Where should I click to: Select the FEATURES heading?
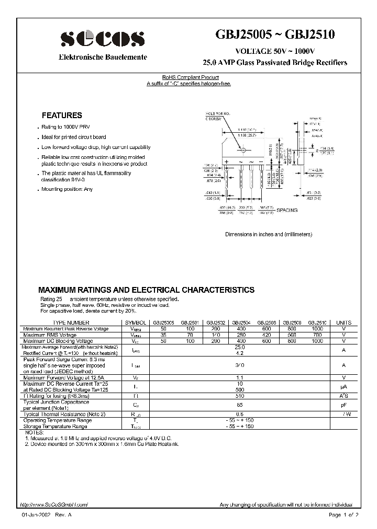point(62,116)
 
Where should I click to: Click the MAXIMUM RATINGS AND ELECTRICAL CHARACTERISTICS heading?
point(147,290)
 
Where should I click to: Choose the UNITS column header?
point(344,323)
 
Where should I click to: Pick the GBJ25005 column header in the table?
point(164,323)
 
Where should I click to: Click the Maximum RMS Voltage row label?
point(50,335)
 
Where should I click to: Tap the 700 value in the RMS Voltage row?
point(317,335)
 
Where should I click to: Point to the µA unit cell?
point(344,386)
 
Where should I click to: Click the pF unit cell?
point(344,405)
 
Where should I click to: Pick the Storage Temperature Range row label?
point(57,427)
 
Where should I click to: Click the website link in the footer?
point(54,504)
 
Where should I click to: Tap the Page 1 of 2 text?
point(343,515)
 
